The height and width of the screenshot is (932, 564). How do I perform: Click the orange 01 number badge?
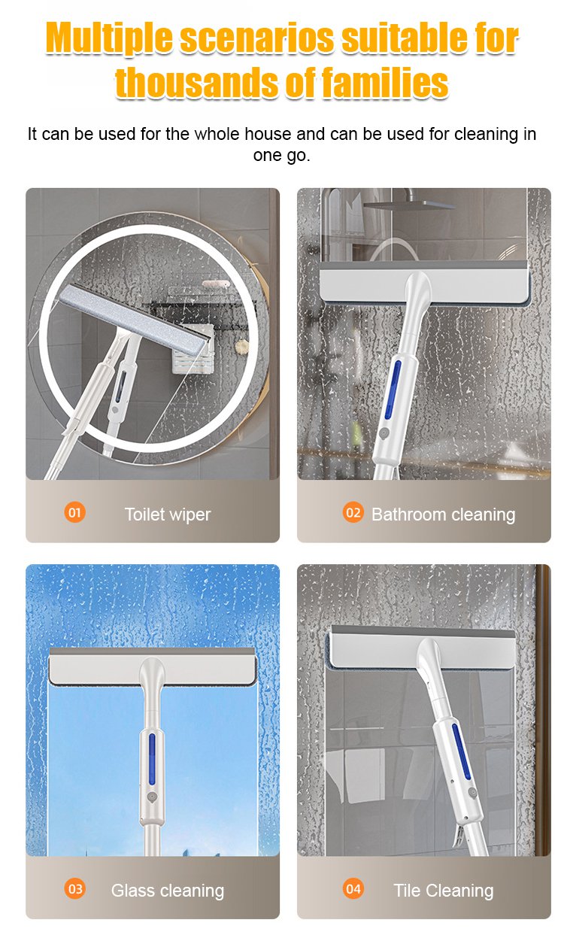coord(74,513)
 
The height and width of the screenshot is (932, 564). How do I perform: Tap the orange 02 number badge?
coord(353,513)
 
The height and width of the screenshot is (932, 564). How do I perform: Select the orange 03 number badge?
coord(75,888)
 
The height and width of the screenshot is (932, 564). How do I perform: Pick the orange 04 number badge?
coord(353,888)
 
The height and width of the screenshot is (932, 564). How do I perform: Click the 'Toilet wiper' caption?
coord(167,515)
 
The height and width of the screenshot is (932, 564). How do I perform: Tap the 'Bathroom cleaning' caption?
coord(443,515)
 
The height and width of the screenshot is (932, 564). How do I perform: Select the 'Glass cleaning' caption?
coord(167,891)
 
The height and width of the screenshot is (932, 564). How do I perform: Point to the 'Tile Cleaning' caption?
coord(443,891)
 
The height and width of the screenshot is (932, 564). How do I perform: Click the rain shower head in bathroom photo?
coord(407,203)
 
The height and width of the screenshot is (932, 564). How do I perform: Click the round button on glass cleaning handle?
coord(150,795)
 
